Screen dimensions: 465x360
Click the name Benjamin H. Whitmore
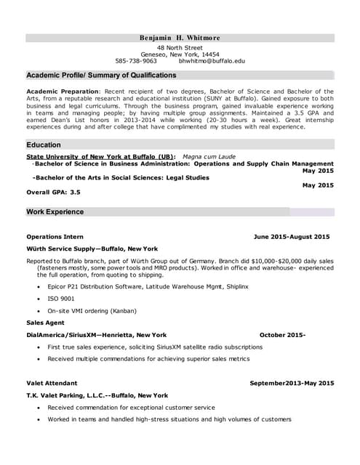point(179,38)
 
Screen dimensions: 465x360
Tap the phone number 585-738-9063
point(136,62)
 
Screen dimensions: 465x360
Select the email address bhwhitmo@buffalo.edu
point(212,62)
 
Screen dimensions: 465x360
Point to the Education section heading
point(44,145)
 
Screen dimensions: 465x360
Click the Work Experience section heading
point(55,212)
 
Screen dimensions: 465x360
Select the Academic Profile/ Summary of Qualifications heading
point(101,76)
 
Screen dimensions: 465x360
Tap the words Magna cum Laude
point(209,156)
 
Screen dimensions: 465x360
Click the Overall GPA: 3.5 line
point(53,193)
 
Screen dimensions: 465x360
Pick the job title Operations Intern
point(55,237)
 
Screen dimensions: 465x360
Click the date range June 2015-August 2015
point(291,237)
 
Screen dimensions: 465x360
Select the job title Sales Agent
point(45,323)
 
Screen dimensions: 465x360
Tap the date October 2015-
point(282,335)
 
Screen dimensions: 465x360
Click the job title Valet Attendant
point(52,383)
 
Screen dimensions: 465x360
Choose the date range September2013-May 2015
point(292,383)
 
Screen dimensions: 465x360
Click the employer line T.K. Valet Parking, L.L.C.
point(97,395)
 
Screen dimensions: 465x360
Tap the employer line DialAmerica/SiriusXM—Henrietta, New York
point(97,335)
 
